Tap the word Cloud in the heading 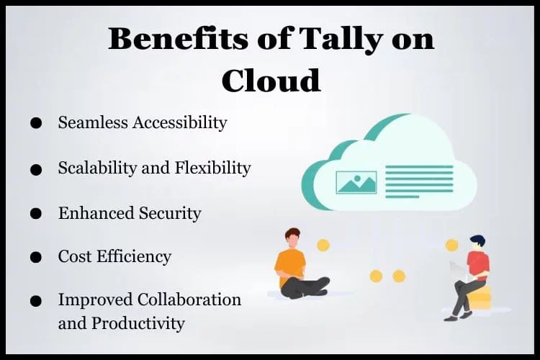[x=271, y=80]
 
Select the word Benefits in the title [x=178, y=38]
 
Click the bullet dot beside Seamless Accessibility [x=36, y=123]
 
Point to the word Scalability [x=97, y=168]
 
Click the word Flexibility [x=213, y=168]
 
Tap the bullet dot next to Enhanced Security [x=36, y=214]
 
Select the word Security [x=170, y=214]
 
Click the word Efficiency [x=134, y=256]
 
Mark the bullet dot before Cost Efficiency [x=36, y=257]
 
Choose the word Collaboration [x=189, y=300]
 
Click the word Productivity [x=138, y=324]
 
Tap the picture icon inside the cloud [x=356, y=182]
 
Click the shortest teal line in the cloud [x=402, y=197]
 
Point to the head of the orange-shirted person [x=292, y=238]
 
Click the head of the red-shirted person [x=478, y=243]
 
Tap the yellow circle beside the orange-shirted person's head [x=323, y=246]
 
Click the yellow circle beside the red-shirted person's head [x=452, y=246]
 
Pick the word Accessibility [x=180, y=123]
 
